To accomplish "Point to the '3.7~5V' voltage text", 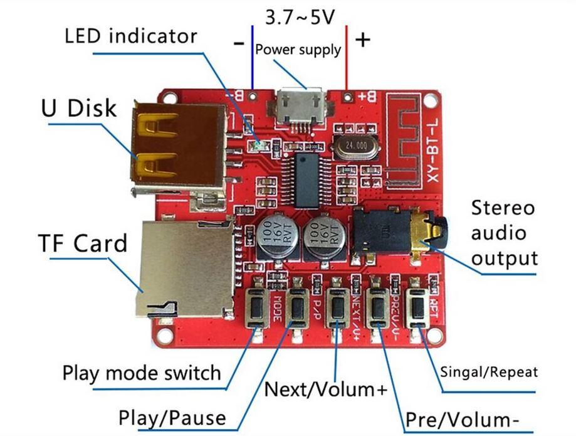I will point(300,17).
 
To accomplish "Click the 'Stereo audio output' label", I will point(504,233).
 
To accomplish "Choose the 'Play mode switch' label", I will point(142,373).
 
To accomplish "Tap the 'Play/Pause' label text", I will point(172,417).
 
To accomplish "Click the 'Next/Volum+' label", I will point(326,389).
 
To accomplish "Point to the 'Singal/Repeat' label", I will point(489,372).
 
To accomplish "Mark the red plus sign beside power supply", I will point(363,40).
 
